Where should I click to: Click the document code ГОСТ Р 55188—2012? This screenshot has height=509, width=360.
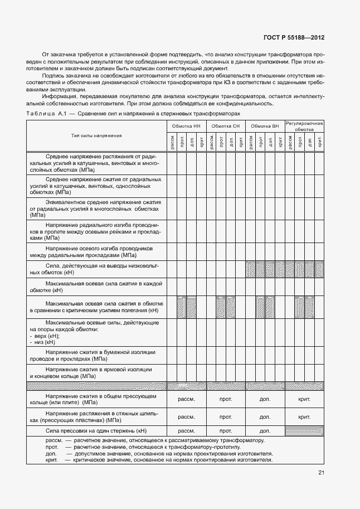(294, 38)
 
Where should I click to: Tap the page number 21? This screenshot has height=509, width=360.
(320, 473)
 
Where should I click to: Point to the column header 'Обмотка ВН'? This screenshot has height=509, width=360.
(265, 127)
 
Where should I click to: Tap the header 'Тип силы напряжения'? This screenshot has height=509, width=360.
(96, 135)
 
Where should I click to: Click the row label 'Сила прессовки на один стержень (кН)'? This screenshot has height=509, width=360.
(96, 430)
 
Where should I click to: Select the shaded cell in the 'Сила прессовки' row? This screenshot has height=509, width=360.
(304, 430)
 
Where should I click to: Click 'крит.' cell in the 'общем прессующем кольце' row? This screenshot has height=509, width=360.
(304, 400)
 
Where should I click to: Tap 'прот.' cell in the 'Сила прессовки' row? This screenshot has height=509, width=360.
(226, 430)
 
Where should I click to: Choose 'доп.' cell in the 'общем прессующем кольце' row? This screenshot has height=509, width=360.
(265, 400)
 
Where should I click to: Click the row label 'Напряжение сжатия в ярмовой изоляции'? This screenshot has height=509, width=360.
(96, 373)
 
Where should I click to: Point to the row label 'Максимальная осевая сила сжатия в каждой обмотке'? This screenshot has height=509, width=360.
(96, 287)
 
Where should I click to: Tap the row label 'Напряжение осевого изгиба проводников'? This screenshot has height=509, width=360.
(96, 251)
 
